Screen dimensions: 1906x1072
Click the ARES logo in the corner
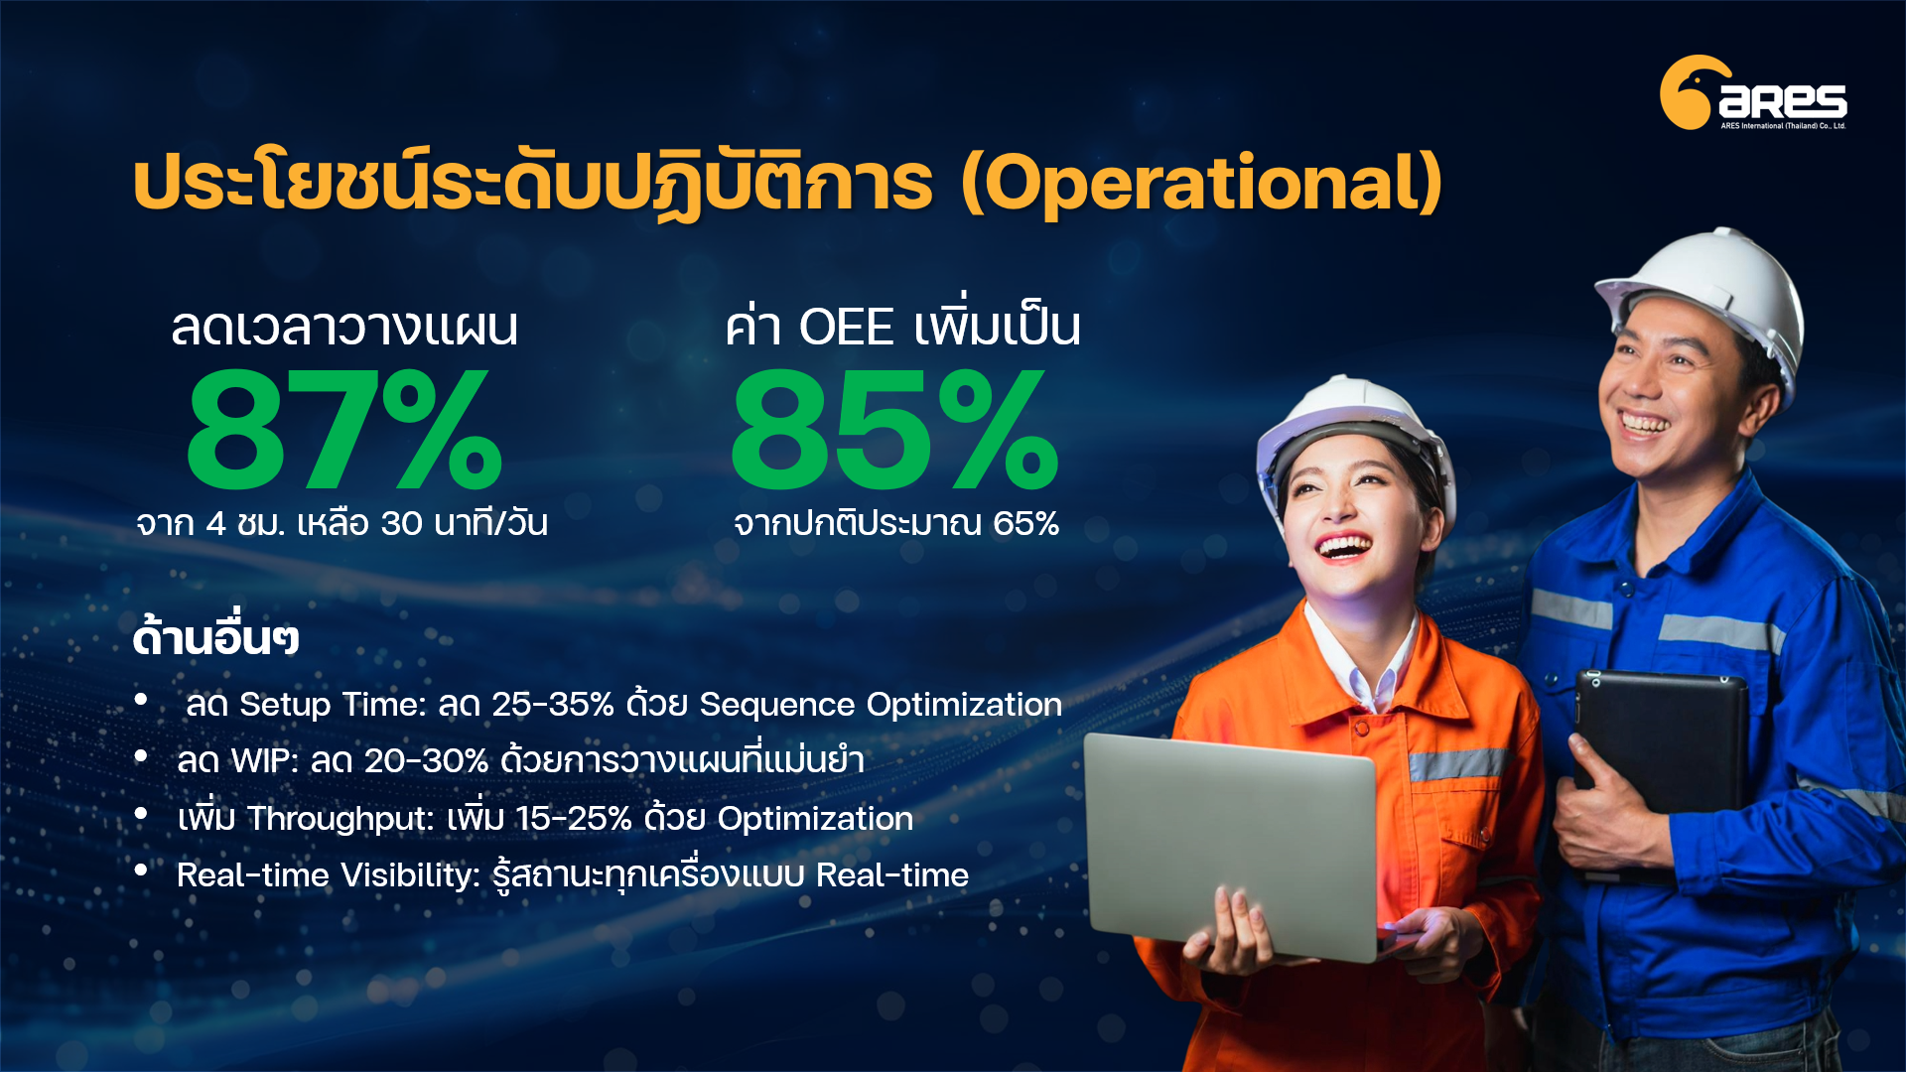click(1753, 92)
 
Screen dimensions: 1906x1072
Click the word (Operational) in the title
click(1201, 184)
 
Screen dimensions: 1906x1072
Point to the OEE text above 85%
click(846, 327)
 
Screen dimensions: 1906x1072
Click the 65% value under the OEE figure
click(1026, 523)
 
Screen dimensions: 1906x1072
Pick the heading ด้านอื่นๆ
click(215, 637)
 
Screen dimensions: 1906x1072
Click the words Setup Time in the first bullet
click(333, 704)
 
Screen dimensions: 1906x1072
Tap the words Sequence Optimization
click(881, 704)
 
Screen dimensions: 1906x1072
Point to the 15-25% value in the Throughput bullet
click(574, 818)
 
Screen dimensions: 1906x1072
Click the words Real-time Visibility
click(329, 874)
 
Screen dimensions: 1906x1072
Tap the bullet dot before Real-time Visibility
click(141, 871)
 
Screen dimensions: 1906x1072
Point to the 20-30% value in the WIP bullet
click(427, 760)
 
